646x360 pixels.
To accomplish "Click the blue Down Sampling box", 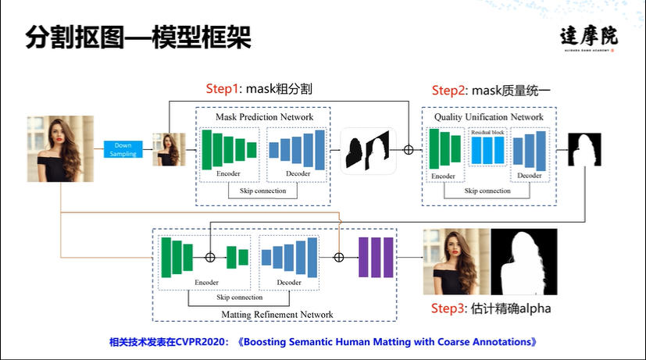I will click(124, 149).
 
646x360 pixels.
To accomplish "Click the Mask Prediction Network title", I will click(264, 117).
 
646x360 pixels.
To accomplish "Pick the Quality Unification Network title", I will click(488, 117).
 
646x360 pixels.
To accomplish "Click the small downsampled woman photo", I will click(169, 149).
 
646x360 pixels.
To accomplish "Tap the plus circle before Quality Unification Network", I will click(408, 149).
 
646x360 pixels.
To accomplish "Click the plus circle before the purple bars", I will click(339, 257).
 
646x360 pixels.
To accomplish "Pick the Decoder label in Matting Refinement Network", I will click(288, 282).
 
